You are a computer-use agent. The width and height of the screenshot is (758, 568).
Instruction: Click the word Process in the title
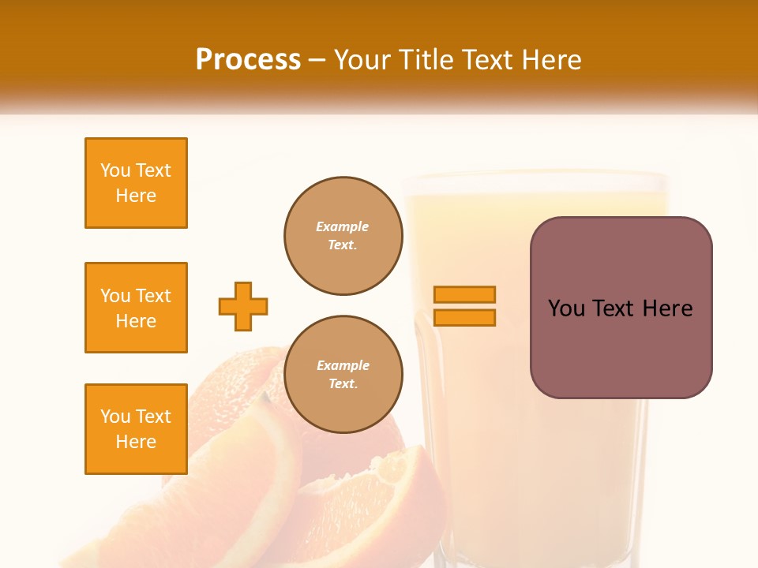coord(248,60)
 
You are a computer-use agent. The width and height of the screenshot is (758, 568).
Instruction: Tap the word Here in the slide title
coord(550,60)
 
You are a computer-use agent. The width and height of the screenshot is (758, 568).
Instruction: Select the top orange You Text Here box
coord(136,183)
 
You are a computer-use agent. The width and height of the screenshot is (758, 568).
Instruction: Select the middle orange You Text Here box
coord(136,308)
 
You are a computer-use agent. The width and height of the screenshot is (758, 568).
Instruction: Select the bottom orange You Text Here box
coord(136,429)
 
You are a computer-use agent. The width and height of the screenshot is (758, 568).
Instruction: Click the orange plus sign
coord(243,306)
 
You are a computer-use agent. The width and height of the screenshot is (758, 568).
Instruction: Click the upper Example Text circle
coord(343,236)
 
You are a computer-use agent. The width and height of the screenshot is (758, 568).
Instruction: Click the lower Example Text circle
coord(343,375)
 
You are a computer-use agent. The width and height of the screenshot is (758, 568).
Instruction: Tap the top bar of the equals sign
coord(464,294)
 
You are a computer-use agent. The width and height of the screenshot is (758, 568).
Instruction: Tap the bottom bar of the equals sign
coord(464,318)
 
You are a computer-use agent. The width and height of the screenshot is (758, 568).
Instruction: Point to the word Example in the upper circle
coord(343,227)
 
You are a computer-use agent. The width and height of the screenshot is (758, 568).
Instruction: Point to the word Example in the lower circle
coord(343,366)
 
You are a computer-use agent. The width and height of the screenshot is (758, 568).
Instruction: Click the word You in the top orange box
coord(115,170)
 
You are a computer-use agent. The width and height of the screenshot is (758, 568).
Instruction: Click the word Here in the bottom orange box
coord(136,443)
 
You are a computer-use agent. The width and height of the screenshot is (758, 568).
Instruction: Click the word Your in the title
coord(361,60)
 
